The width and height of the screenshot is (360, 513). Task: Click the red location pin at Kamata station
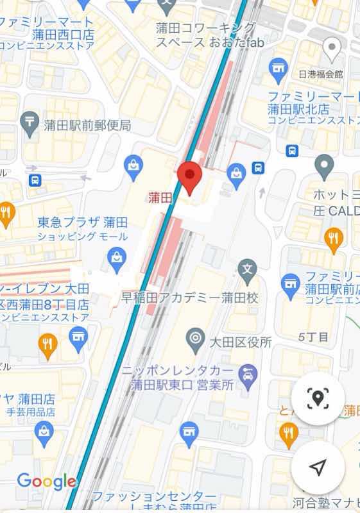pos(189,177)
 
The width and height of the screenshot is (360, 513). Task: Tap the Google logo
pos(46,481)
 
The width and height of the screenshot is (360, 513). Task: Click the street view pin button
pos(317,398)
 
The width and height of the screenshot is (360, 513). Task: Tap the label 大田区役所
pos(237,342)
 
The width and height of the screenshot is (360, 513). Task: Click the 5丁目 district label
pos(313,336)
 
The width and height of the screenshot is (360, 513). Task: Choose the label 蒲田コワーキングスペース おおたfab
pos(205,35)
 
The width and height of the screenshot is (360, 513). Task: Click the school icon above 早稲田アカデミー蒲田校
pos(247,269)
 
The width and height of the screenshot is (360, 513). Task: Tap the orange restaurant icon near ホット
pos(332,238)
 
